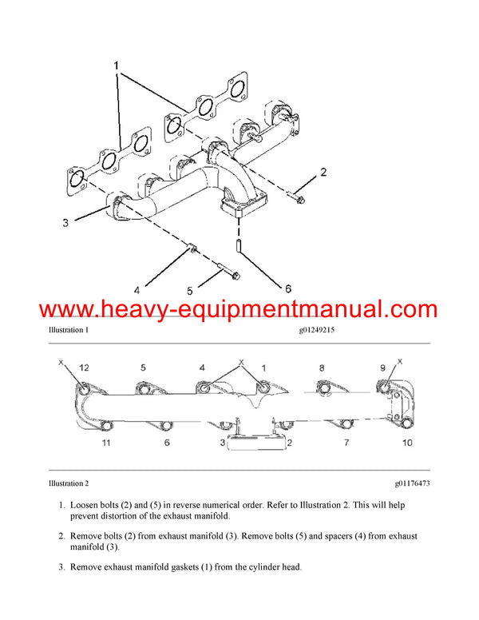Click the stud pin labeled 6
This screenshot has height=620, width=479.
tap(237, 242)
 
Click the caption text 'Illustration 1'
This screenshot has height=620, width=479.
tap(68, 330)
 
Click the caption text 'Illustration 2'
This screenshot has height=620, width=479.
tap(68, 483)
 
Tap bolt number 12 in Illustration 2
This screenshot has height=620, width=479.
tap(84, 389)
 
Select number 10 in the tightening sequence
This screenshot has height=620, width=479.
tap(408, 442)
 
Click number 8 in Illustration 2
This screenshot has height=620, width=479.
tap(322, 368)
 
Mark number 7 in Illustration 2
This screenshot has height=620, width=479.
tap(346, 442)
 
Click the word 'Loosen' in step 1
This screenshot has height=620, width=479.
tap(85, 505)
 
